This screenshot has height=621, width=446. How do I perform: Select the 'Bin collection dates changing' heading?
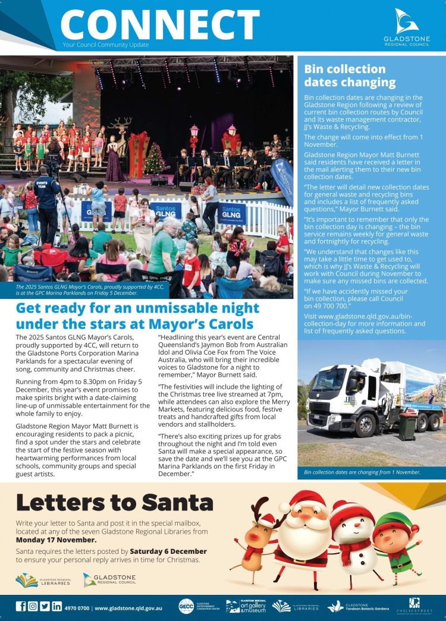click(350, 75)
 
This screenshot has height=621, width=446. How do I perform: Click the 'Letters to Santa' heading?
click(114, 502)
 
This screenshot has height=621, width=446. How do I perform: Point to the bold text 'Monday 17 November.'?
click(56, 540)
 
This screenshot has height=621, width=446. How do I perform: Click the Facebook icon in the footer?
click(21, 607)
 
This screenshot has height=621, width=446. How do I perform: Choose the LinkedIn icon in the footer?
click(57, 607)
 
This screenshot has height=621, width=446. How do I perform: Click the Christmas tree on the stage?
click(153, 159)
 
